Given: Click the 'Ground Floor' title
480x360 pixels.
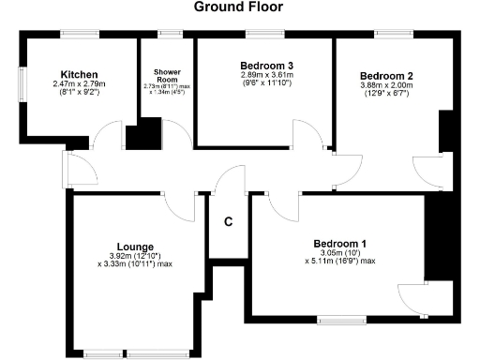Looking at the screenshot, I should (x=238, y=7).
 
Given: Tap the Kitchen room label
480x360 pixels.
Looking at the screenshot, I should (x=80, y=75).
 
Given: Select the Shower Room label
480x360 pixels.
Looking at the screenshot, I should (x=167, y=76).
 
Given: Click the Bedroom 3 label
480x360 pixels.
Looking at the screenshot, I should (x=261, y=65).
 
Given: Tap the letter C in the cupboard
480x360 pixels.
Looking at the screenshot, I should (x=227, y=222).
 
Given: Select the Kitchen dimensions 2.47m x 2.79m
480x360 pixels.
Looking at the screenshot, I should (x=80, y=85).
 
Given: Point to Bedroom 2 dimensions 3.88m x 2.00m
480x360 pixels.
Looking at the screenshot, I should (x=387, y=84).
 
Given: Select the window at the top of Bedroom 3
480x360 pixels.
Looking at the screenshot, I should (x=261, y=35).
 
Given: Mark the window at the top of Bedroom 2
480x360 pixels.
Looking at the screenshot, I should (x=388, y=35).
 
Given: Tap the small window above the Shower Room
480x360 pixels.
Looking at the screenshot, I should (x=170, y=35).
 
